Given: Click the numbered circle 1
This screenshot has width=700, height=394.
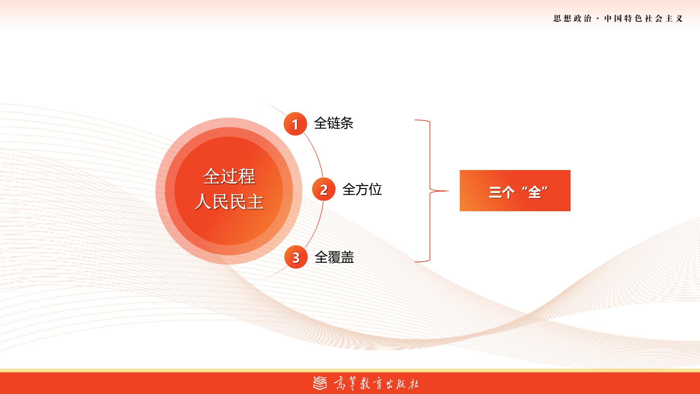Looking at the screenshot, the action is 295,124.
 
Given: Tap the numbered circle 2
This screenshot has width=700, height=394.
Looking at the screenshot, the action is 324,189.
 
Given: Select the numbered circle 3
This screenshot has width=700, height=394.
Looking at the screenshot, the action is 296,257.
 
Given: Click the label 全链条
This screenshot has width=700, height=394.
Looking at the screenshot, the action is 334,123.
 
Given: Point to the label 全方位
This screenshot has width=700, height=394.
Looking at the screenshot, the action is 362,189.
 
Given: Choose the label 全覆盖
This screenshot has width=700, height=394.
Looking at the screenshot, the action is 334,257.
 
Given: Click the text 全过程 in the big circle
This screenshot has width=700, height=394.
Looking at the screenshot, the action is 229,177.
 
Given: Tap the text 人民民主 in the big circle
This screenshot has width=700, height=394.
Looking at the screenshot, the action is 229,201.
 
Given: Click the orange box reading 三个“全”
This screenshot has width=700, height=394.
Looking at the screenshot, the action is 515,190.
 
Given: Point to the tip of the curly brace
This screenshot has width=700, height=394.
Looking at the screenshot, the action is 448,191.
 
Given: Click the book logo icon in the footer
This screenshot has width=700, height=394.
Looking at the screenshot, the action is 320,383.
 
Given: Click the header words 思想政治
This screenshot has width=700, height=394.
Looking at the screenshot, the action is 572,19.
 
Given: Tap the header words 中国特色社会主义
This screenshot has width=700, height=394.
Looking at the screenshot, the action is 643,19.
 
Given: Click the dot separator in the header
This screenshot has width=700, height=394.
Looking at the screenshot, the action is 598,19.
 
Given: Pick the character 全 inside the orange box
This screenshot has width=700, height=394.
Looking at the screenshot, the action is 534,192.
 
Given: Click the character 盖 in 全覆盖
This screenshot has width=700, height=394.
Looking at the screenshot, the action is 347,257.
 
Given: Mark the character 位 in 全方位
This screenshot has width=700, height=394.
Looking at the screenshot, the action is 375,189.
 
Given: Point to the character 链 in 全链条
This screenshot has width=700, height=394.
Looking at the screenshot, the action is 334,123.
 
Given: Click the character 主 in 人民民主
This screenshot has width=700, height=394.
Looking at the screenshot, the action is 255,201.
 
